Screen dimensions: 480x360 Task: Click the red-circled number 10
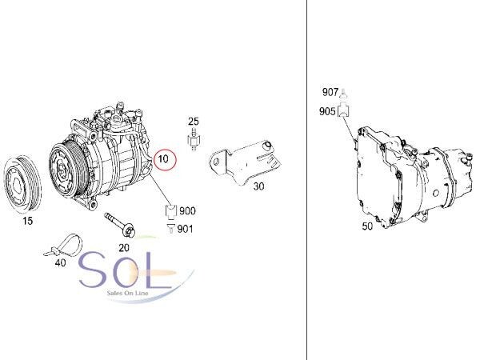point(163,159)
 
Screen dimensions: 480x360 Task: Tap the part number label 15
point(27,221)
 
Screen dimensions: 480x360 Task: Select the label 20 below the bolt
point(124,248)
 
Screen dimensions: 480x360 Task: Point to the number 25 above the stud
point(193,122)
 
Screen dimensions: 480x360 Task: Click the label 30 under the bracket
point(258,186)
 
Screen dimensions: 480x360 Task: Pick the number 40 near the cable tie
point(60,262)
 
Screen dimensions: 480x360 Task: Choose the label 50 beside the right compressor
point(367,226)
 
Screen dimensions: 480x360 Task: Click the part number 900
point(187,210)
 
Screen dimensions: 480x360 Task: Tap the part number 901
point(186,229)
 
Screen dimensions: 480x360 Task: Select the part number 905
point(327,111)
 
